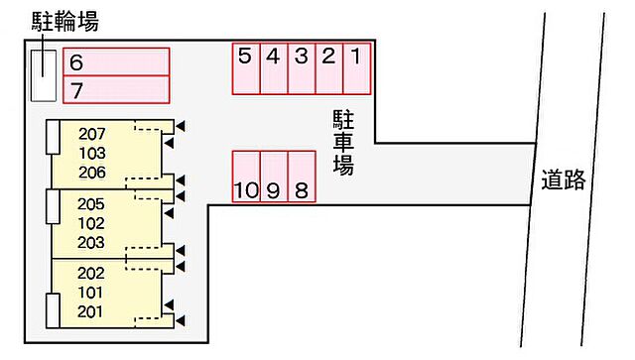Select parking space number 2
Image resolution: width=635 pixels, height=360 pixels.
[329, 67]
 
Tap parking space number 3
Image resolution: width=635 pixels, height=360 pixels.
[302, 67]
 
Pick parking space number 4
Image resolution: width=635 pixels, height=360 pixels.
[274, 67]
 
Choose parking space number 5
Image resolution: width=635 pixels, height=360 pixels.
[246, 67]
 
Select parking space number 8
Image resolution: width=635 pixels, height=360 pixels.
[302, 177]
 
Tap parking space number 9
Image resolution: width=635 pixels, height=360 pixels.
[274, 177]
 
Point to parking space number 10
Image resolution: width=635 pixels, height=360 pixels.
[246, 177]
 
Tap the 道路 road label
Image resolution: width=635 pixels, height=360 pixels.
[563, 180]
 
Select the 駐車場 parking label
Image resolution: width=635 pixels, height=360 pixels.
[343, 144]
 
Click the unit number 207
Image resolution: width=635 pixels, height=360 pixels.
[91, 135]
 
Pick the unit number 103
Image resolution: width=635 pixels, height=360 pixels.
[91, 154]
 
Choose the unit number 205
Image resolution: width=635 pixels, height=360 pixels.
[91, 204]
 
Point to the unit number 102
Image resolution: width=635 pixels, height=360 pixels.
[91, 223]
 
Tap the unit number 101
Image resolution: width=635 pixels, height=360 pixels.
[91, 293]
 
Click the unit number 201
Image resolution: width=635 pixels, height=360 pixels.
[91, 312]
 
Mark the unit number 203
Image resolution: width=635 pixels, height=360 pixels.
[91, 242]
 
